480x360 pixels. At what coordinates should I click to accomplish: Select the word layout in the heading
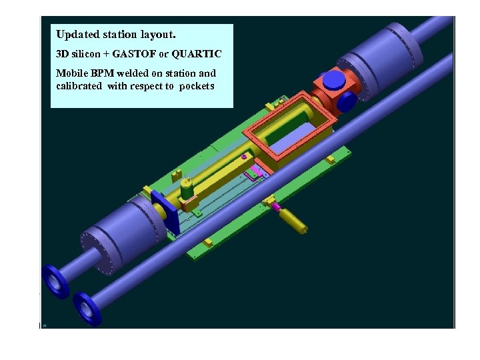(x=155, y=34)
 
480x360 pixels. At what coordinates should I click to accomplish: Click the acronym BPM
(x=102, y=73)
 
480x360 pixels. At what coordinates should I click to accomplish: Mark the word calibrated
(x=79, y=86)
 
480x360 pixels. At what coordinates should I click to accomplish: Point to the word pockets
(x=197, y=86)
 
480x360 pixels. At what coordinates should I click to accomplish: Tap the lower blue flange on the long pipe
(x=87, y=309)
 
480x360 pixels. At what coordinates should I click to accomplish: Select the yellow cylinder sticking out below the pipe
(x=293, y=221)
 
